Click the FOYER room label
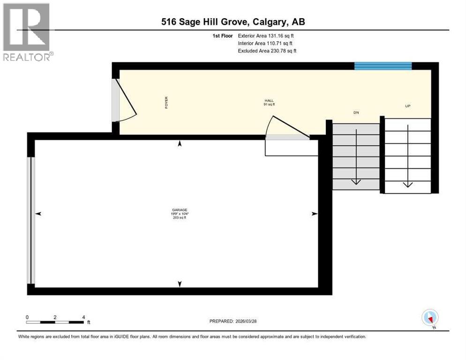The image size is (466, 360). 166,103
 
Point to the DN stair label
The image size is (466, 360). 356,112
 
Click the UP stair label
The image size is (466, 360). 407,106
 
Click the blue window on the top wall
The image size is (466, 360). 383,66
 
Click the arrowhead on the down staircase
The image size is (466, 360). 356,181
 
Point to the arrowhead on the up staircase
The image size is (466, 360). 407,184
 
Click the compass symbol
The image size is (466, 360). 430,317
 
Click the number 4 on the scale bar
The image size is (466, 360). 83,317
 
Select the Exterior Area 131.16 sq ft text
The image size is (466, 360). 266,36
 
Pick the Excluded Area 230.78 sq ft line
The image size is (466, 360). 267,51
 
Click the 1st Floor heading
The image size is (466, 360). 222,36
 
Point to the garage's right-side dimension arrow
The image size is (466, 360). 315,214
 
